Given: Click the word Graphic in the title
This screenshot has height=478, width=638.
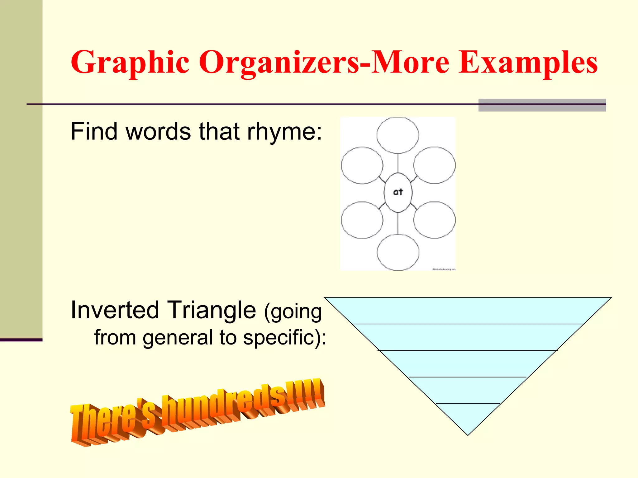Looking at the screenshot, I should [130, 62].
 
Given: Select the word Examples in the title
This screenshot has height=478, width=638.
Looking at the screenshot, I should [528, 62].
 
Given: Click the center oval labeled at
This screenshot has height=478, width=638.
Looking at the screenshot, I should [398, 193].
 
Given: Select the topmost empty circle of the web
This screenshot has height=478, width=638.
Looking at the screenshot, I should [398, 135].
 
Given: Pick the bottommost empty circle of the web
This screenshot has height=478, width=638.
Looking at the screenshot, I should [398, 252].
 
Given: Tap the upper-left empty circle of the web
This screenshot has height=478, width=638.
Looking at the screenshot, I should [362, 165].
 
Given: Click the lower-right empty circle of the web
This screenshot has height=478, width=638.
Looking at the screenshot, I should [434, 220].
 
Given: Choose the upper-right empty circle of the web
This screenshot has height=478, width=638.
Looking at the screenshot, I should [434, 165].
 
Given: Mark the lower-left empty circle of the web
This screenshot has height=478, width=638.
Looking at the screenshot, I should [362, 220].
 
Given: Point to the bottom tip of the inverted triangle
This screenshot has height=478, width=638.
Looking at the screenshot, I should [468, 433].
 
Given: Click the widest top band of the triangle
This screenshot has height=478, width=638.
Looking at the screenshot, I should [468, 311].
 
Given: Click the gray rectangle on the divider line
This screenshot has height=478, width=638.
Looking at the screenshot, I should [542, 105].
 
